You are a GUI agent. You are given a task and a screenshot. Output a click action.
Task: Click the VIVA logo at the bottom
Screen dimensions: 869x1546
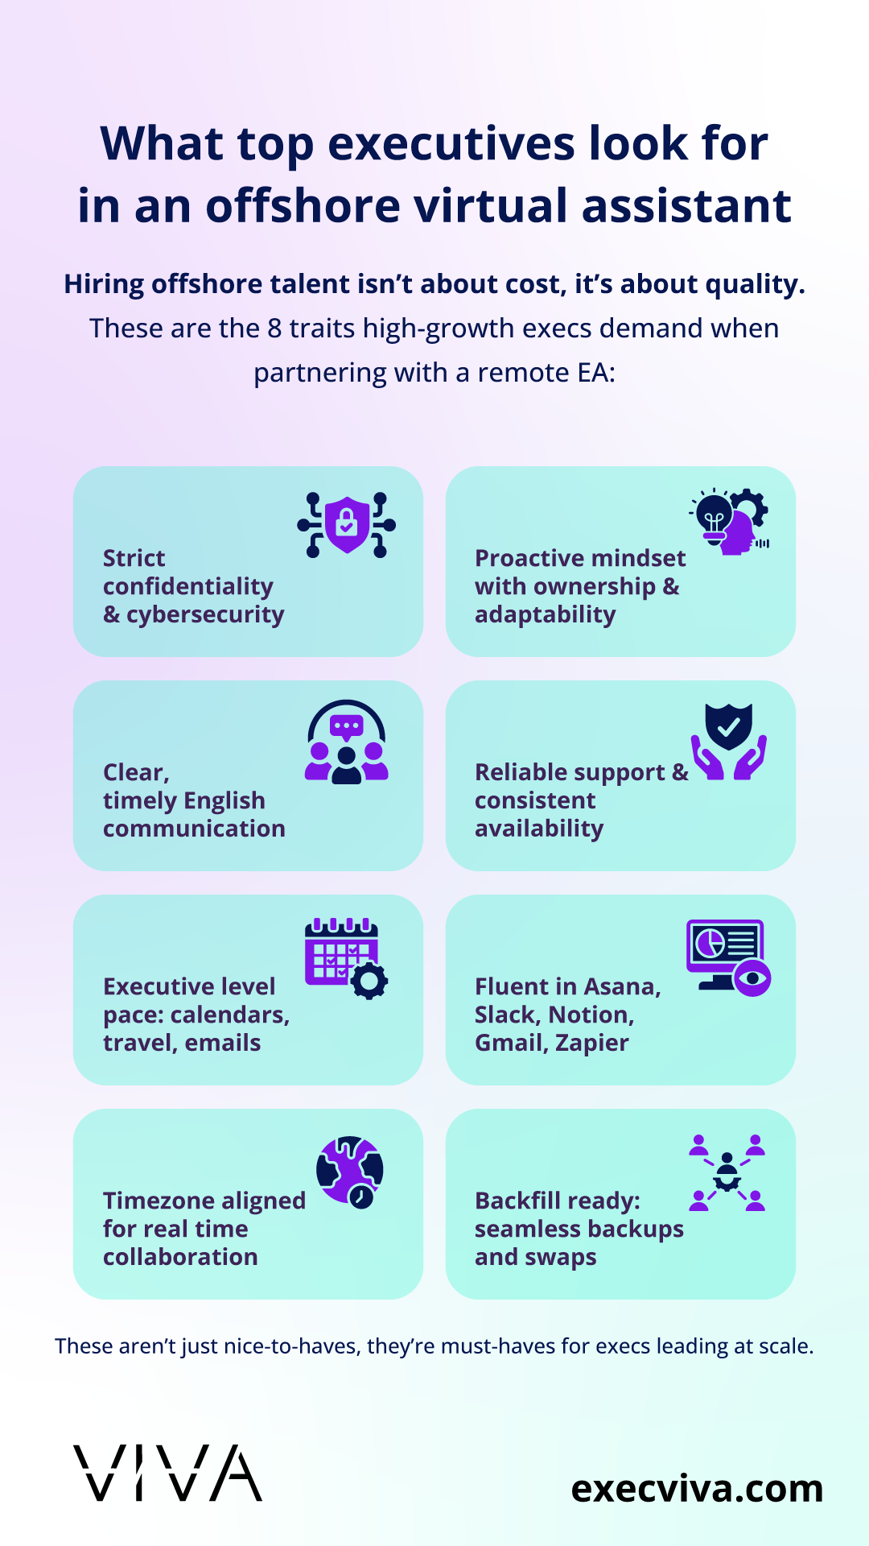coord(167,1473)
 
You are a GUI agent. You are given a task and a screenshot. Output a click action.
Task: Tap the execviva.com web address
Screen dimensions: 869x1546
coord(697,1489)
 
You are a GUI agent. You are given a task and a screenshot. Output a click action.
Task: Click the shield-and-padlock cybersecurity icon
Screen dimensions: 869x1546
coord(346,525)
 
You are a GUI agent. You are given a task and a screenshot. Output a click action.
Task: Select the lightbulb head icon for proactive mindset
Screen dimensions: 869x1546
coord(729,522)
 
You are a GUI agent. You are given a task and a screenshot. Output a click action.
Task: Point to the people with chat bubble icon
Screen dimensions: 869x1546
coord(347,742)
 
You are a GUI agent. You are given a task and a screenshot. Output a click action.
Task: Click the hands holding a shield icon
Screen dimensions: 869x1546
coord(729,742)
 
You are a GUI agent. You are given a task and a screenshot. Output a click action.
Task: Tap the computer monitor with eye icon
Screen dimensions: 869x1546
coord(729,958)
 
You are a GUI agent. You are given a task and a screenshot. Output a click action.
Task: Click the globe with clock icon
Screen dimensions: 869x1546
coord(350,1172)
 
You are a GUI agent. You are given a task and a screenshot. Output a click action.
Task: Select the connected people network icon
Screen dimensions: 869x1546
coord(727,1173)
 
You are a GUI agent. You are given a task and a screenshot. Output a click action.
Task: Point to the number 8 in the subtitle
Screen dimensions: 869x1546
coord(274,329)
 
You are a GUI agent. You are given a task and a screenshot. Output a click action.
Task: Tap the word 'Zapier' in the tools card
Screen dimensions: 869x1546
coord(592,1044)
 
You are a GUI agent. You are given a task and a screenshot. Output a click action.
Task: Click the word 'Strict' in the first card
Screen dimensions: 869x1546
coord(134,558)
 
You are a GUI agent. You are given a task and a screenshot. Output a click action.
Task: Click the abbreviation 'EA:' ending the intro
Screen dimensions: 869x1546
coord(596,373)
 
